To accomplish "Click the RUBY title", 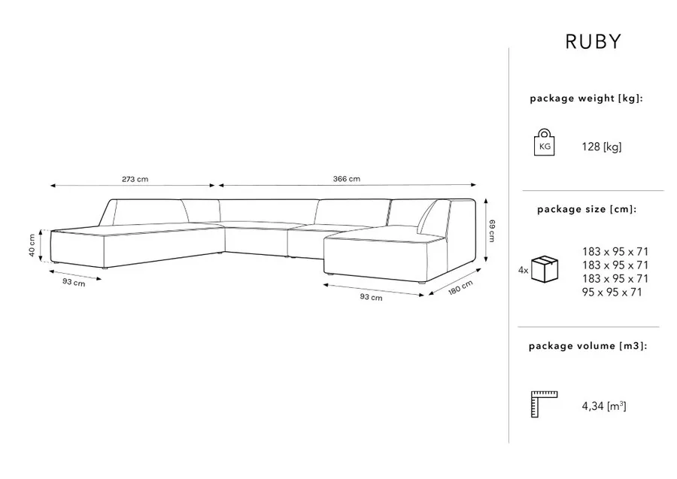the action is coord(594,41).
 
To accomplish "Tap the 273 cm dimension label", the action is coord(135,179).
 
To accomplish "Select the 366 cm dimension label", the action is coord(346,179).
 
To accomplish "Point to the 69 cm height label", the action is coord(492,231).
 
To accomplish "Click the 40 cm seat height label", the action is coord(32,245).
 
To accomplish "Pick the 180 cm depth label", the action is coord(460,287).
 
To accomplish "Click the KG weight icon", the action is coord(544,142).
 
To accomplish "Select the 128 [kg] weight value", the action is coord(602,147).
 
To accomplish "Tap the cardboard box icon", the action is coord(545,269).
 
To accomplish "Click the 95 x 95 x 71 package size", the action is coord(612,293).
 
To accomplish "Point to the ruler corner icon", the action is coord(544,404).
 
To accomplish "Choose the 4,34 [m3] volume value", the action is coord(603,406).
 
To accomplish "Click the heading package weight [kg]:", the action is coord(586,99).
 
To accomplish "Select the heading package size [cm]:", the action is coord(587,209).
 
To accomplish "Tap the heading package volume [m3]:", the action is coord(588,346).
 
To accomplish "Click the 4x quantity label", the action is coord(523,271).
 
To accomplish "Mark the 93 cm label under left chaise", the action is coord(74,282).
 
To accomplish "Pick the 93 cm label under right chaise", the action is coord(371,297).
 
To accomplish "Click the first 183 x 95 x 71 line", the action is coord(615,252).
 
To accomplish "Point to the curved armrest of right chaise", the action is coord(427,216).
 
